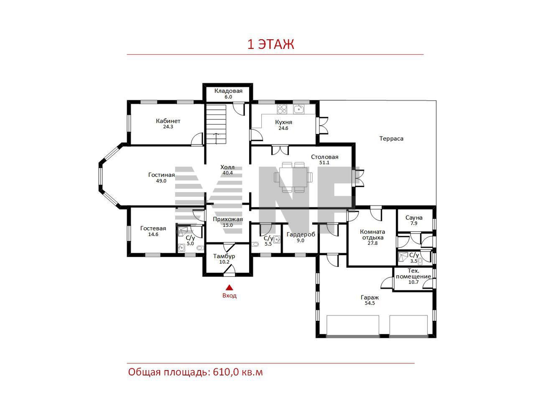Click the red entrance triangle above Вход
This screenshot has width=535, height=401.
pos(229,287)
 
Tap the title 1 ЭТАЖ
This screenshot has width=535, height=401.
pos(270,44)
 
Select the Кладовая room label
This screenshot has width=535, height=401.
pos(228,91)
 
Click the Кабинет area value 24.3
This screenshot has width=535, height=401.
pos(168,127)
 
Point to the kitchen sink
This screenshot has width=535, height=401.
pos(298,109)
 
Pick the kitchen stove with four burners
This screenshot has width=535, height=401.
pos(282,109)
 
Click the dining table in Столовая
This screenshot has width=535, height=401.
pos(293,177)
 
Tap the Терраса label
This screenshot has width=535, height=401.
pos(391,139)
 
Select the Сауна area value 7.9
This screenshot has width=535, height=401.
pos(414,223)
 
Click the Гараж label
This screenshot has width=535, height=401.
pos(369,297)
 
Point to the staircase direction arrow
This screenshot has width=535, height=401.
pos(216,139)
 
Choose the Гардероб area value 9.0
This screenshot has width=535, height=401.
pos(300,240)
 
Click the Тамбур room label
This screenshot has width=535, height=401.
pos(224,256)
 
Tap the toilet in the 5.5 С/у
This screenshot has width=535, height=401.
pos(255,244)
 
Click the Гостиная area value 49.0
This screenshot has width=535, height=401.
pos(161,181)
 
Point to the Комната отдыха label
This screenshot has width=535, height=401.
pos(372,234)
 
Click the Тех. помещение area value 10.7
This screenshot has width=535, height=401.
pos(413,282)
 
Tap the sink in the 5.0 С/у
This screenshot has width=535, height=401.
pos(181,248)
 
